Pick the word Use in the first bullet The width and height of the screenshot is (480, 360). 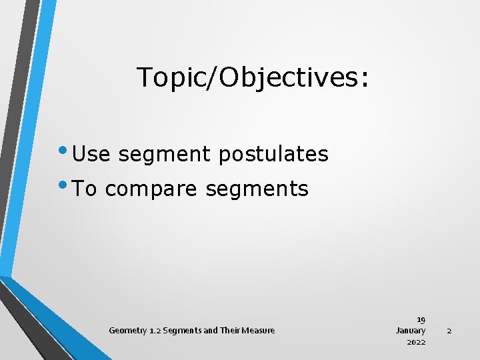(x=92, y=154)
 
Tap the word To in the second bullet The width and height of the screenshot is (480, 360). (x=85, y=189)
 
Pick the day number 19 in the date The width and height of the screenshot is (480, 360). (x=421, y=319)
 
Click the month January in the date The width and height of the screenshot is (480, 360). (x=411, y=331)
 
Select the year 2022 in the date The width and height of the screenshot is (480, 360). (x=416, y=342)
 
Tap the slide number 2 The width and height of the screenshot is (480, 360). (x=449, y=331)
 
